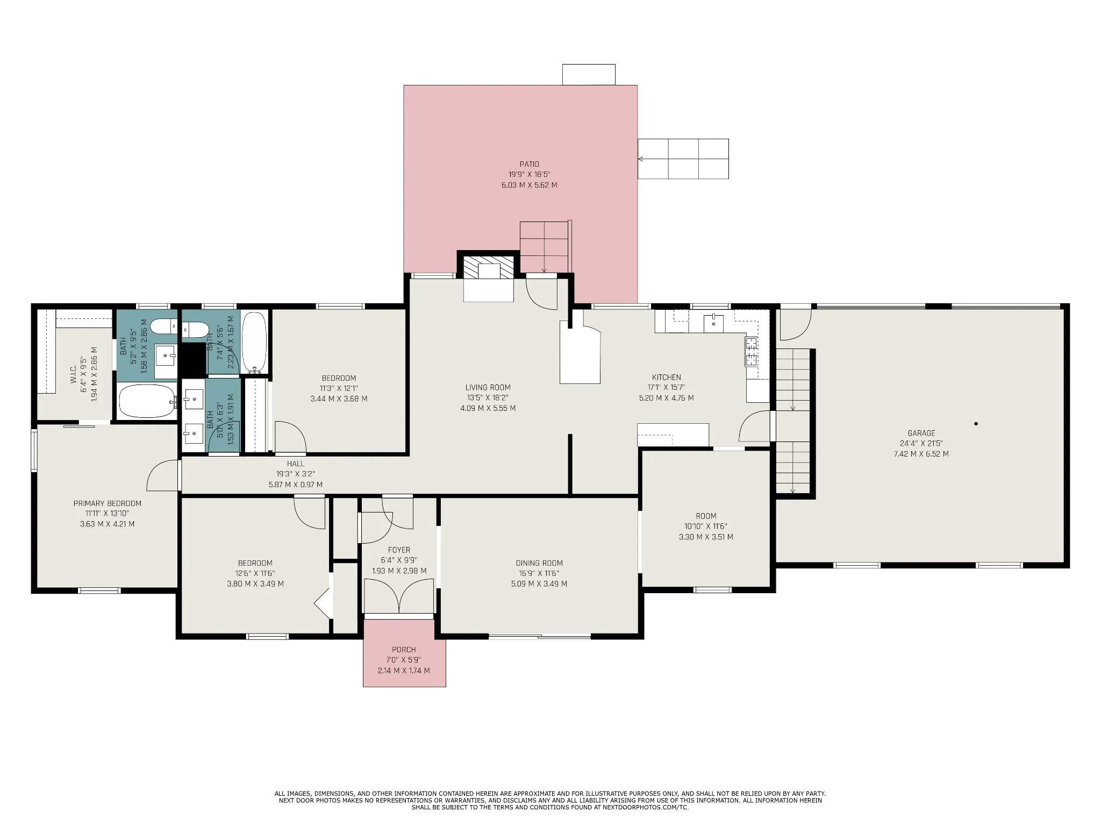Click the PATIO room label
pyautogui.click(x=529, y=164)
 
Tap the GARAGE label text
pyautogui.click(x=921, y=433)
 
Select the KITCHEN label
pyautogui.click(x=667, y=378)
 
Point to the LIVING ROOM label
pyautogui.click(x=488, y=387)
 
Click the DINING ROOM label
pyautogui.click(x=539, y=563)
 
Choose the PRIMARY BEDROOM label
pyautogui.click(x=108, y=503)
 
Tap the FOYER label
pyautogui.click(x=399, y=550)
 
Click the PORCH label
pyautogui.click(x=404, y=650)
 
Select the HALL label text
pyautogui.click(x=296, y=464)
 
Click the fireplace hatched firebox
pyautogui.click(x=489, y=267)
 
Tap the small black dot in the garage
pyautogui.click(x=976, y=424)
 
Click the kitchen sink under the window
pyautogui.click(x=713, y=323)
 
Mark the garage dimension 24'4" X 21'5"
pyautogui.click(x=921, y=444)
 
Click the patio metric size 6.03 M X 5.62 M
pyautogui.click(x=529, y=185)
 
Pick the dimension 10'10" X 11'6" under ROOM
pyautogui.click(x=706, y=526)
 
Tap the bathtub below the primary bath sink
pyautogui.click(x=147, y=401)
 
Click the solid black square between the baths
pyautogui.click(x=193, y=359)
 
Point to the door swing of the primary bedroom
pyautogui.click(x=163, y=475)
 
